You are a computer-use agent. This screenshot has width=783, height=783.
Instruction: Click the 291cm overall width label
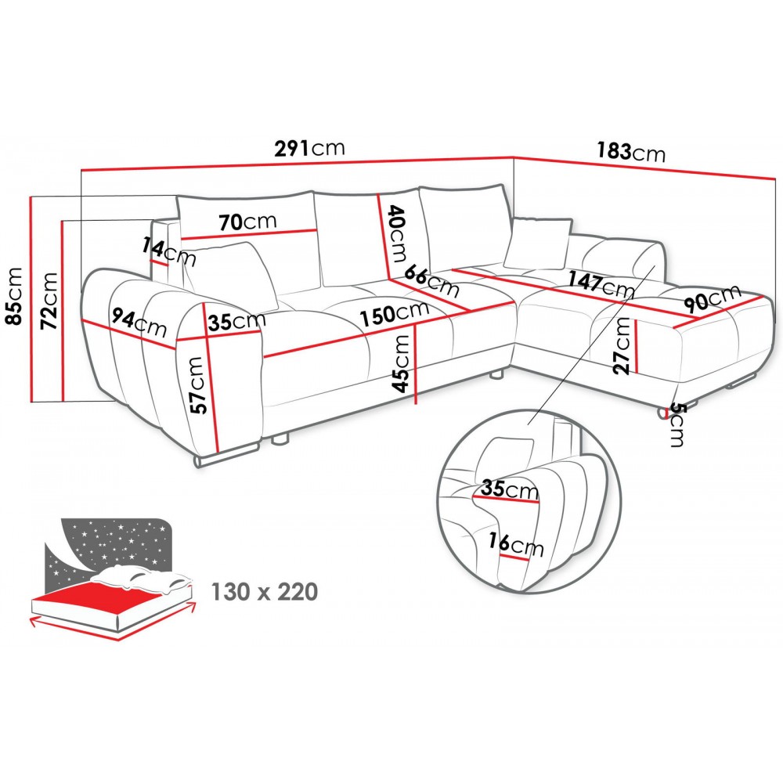pos(309,148)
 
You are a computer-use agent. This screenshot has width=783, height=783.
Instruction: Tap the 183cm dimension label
pos(631,151)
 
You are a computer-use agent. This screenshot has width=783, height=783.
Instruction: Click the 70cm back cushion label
pos(247,222)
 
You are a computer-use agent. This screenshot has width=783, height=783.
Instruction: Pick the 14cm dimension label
pos(169,251)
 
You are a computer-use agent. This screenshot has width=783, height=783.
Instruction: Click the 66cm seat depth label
pos(431,280)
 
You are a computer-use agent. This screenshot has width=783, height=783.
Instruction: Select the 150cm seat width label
pos(395,312)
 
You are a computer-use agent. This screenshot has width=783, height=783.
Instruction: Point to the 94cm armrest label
pos(139,323)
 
